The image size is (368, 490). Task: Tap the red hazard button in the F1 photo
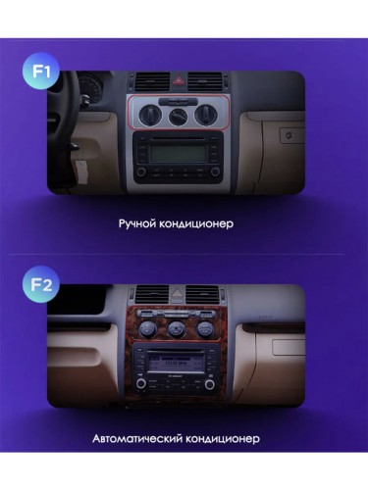[x=179, y=88]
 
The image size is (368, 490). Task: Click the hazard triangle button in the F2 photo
[x=178, y=294]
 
